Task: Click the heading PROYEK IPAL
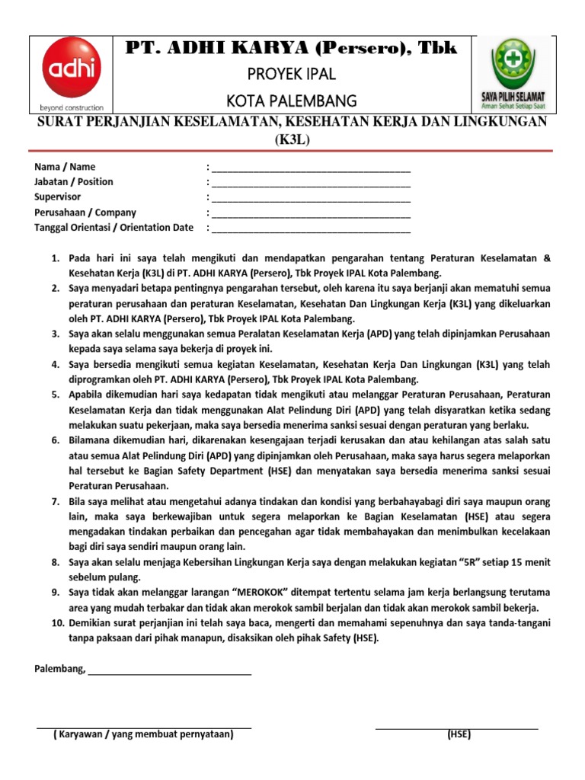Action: click(x=292, y=75)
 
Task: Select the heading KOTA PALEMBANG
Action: click(x=292, y=101)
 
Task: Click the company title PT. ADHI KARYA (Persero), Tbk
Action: click(x=291, y=49)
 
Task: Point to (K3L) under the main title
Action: click(x=292, y=140)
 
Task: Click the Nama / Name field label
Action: click(x=66, y=167)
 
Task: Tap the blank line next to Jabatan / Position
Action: click(x=311, y=183)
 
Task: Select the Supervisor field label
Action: click(x=58, y=197)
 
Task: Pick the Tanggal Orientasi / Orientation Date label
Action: click(x=114, y=228)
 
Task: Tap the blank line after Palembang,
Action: click(x=170, y=670)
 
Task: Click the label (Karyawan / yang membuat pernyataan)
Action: click(x=144, y=735)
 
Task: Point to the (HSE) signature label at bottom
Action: click(x=459, y=735)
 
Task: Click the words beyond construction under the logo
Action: click(x=66, y=107)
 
